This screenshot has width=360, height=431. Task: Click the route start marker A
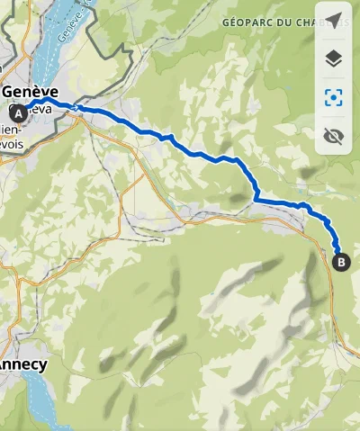coord(18,112)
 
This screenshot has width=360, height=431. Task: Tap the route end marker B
coord(341,263)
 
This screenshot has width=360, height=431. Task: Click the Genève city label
coord(31,92)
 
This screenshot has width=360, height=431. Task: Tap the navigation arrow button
coord(334,21)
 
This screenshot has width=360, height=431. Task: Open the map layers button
coord(334,59)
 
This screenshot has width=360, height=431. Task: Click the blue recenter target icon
coord(334,98)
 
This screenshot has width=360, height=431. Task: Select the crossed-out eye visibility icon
coord(334,137)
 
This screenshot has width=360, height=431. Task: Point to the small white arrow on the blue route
coord(79,109)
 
